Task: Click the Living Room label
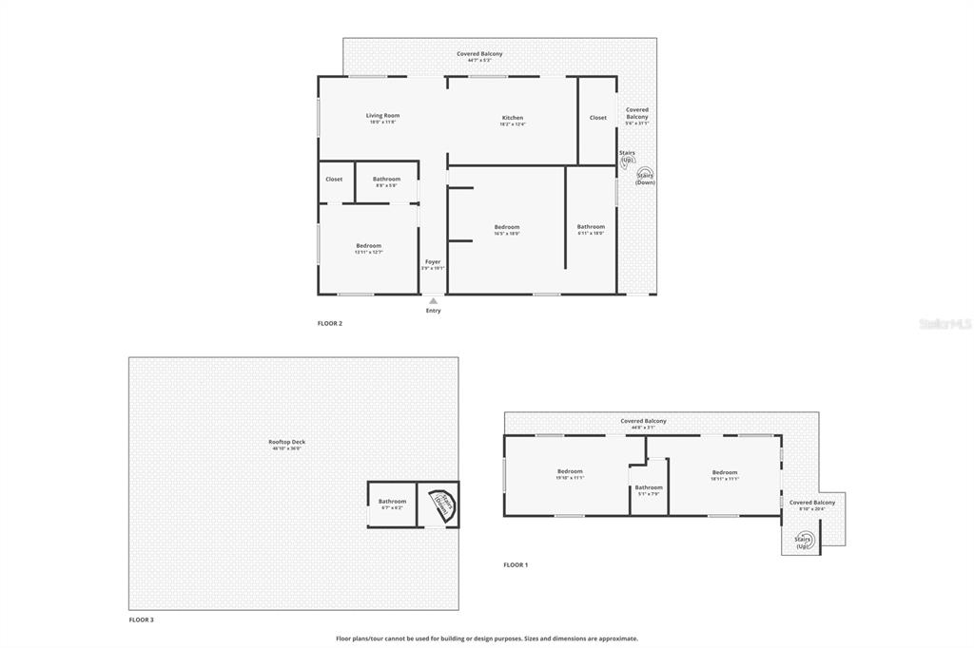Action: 382,116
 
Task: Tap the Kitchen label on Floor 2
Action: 513,118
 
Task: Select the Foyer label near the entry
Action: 433,261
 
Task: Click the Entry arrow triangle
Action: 433,300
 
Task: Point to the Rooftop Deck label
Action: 286,442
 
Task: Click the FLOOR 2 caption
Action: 329,323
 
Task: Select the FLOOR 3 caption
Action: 141,619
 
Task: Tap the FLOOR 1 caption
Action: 516,564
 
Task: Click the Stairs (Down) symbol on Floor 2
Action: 646,177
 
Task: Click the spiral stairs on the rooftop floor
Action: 441,503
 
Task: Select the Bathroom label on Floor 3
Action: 392,501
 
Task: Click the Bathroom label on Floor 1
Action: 649,487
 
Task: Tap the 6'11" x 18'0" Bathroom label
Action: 591,227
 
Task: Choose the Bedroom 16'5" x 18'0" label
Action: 507,227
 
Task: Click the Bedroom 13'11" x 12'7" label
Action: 368,246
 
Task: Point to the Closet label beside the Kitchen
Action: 597,118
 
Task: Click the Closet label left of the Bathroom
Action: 334,179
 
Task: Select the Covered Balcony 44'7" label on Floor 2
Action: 479,54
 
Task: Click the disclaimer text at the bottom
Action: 486,638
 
